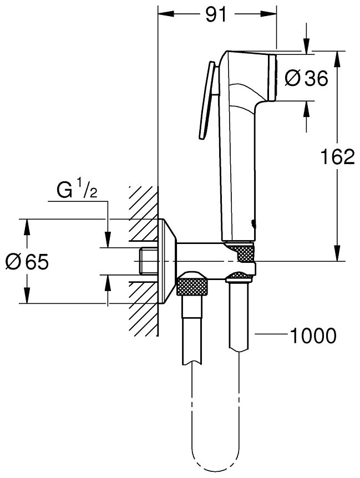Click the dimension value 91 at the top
click(x=217, y=14)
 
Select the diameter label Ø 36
click(x=306, y=78)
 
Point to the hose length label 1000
click(x=313, y=335)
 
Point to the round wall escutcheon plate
click(x=167, y=261)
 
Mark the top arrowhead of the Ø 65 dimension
click(x=26, y=225)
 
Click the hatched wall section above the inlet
click(x=144, y=216)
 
